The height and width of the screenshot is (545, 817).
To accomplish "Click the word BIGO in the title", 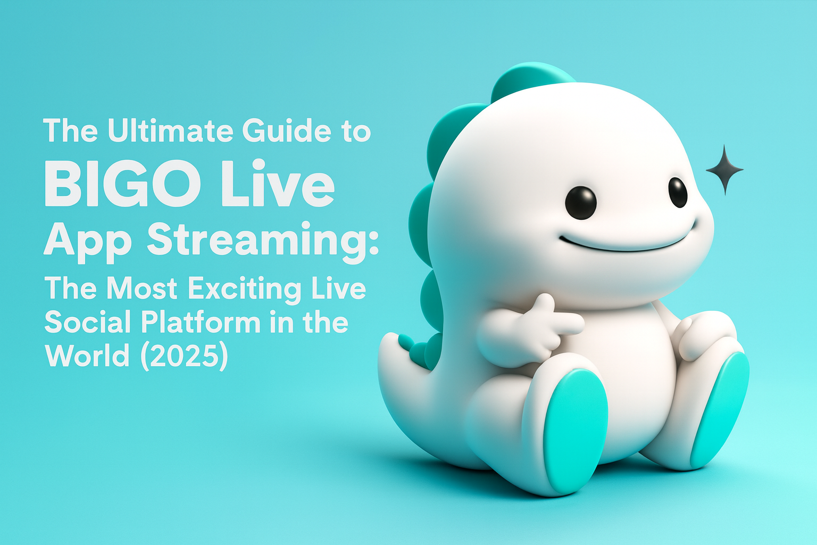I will pos(122,183).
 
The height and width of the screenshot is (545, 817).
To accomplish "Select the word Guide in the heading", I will pos(287,131).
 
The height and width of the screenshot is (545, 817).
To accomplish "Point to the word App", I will pos(88,241).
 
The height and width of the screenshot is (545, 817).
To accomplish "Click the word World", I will pos(87,356).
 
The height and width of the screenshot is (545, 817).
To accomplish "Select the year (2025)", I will pos(184,356).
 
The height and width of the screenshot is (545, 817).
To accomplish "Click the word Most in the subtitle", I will pos(141,288).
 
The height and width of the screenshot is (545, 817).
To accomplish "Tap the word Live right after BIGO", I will pos(277,183).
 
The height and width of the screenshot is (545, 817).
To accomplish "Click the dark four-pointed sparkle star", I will pos(724,169).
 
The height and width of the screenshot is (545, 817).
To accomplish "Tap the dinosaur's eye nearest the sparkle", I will pos(678,192).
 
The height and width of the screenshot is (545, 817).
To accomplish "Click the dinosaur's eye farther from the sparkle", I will pos(581,203).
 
